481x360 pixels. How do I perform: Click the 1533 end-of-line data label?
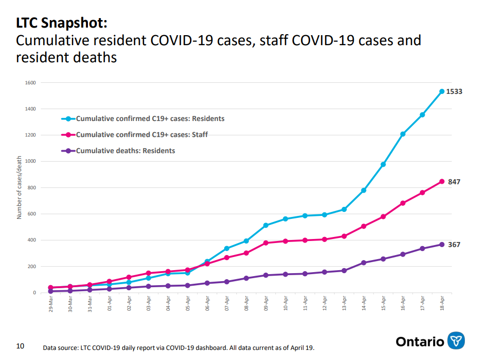(x=454, y=91)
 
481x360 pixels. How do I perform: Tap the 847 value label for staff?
(x=454, y=182)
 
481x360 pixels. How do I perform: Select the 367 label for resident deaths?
(x=454, y=245)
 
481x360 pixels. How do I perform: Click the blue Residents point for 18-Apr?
(x=442, y=91)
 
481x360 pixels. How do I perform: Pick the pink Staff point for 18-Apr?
(x=442, y=182)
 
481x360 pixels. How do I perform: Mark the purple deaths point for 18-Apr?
(x=442, y=245)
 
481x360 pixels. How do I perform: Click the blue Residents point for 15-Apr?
(x=383, y=165)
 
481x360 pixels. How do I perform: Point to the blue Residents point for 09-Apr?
(x=266, y=225)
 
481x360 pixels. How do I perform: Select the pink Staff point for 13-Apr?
(x=344, y=236)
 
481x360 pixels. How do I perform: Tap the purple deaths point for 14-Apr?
(x=363, y=263)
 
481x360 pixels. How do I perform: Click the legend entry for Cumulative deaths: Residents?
(x=118, y=151)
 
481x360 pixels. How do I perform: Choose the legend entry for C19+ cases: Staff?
(x=134, y=135)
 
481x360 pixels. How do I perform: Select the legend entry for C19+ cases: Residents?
(x=143, y=118)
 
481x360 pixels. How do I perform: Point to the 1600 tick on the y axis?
(x=30, y=83)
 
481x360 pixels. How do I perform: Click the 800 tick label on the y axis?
(x=32, y=187)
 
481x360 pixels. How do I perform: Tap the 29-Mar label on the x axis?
(x=51, y=304)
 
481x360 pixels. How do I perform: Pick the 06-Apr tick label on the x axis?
(x=208, y=304)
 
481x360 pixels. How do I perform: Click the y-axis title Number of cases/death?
(x=19, y=187)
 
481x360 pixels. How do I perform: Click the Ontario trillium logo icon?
(x=456, y=341)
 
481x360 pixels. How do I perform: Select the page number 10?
(x=20, y=346)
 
